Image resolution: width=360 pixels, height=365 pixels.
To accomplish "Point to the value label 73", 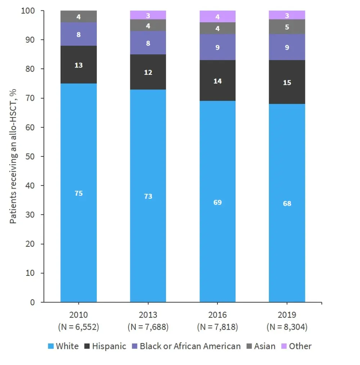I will click(148, 196).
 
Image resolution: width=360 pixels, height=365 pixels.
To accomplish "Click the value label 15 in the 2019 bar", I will click(287, 83).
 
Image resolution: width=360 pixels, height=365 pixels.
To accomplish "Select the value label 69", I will click(217, 202).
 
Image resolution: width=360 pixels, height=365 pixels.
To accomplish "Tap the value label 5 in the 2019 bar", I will click(287, 27).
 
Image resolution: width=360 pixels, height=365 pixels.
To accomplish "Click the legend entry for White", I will click(63, 346).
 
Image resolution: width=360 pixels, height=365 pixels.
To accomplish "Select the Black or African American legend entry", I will click(186, 346).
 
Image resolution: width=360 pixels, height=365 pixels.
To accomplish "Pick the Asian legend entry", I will click(260, 346).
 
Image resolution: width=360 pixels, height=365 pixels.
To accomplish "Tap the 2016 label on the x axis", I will click(217, 315).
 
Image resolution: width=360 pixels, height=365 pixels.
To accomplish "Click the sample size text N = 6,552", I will click(78, 327).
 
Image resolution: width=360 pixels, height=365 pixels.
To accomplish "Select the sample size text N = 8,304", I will click(287, 327).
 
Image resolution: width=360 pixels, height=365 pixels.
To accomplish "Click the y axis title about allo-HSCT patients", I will click(13, 156).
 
